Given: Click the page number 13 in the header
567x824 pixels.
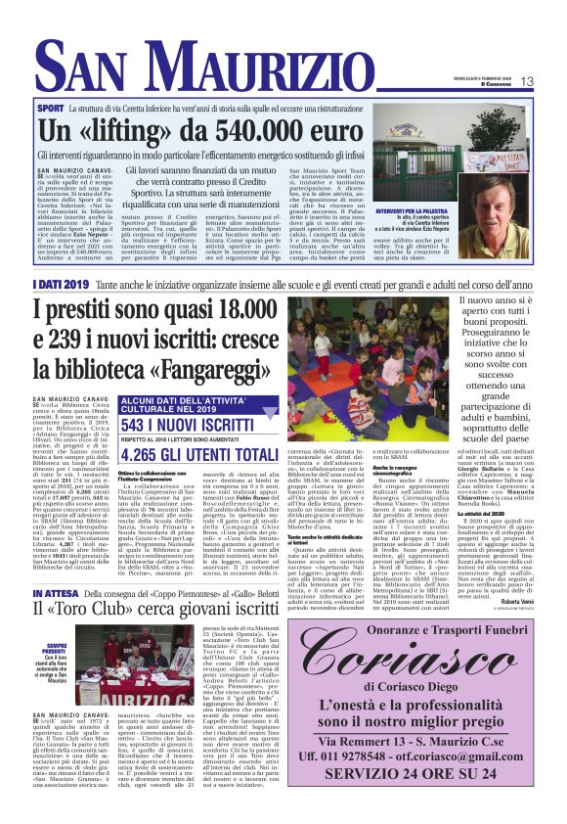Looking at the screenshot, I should pyautogui.click(x=554, y=80).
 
